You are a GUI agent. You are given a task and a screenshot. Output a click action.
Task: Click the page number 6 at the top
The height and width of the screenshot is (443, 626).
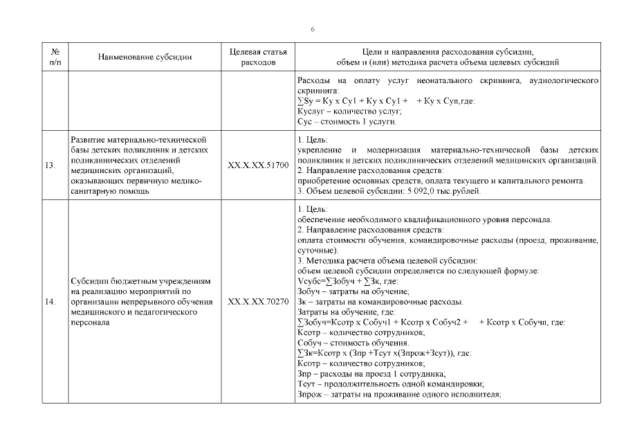point(313,29)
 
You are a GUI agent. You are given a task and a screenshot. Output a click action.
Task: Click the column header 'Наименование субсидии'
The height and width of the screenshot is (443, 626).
point(145,57)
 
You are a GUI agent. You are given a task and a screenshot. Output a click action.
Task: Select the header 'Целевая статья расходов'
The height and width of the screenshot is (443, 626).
point(257,57)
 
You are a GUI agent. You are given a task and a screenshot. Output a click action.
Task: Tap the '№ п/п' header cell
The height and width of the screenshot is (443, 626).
point(55,57)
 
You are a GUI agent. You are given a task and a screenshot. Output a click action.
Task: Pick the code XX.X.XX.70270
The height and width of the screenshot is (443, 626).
point(257,302)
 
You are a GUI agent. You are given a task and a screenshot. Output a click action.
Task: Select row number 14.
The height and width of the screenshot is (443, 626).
point(55,302)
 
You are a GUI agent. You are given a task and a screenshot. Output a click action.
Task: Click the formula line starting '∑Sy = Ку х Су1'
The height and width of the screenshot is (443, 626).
point(384,101)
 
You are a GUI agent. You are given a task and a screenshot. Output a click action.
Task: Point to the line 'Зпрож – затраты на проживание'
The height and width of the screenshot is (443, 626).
point(398,394)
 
